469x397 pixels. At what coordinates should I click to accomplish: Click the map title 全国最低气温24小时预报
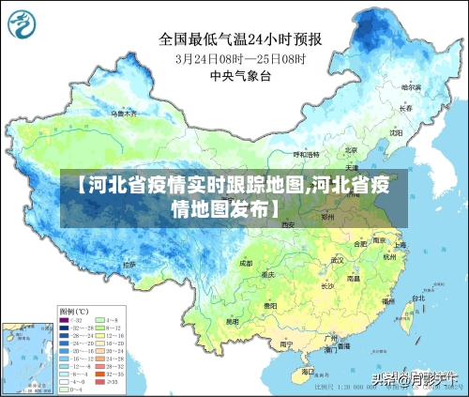coord(240,39)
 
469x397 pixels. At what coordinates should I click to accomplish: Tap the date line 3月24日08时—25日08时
coord(240,57)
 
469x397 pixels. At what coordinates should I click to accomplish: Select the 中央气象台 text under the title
coord(240,74)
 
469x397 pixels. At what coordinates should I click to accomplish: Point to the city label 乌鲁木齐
coord(125,113)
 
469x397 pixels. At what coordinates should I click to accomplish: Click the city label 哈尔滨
coord(410,87)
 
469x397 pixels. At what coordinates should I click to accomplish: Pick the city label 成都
coord(246,264)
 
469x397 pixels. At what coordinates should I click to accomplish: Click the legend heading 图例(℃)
coord(73,311)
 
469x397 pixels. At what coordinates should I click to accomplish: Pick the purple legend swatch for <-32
coord(65,321)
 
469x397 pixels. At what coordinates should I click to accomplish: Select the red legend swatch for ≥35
coord(100,383)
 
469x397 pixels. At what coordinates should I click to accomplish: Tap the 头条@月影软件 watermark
coord(413,379)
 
